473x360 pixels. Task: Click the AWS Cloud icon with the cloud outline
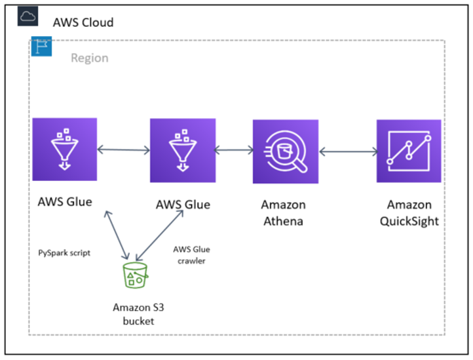28,16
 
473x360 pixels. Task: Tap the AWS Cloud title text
83,23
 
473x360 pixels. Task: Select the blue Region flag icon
42,46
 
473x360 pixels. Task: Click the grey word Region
90,58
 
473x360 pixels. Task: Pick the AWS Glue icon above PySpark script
65,150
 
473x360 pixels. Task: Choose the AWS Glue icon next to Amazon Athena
183,150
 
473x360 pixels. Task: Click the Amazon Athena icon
286,151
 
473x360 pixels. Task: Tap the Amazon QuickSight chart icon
409,151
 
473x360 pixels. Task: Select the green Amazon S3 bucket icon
135,275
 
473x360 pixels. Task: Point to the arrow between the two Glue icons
124,150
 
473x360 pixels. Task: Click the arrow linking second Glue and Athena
234,150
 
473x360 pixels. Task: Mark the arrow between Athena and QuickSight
349,151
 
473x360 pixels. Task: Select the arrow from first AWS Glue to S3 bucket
117,235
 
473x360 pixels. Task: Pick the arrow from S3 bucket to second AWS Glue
160,235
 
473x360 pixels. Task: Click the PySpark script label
64,252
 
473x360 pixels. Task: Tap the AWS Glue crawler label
191,255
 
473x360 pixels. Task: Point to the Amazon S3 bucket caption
138,314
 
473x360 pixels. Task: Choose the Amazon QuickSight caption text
409,213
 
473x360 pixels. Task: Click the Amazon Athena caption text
284,213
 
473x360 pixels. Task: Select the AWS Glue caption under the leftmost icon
65,202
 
